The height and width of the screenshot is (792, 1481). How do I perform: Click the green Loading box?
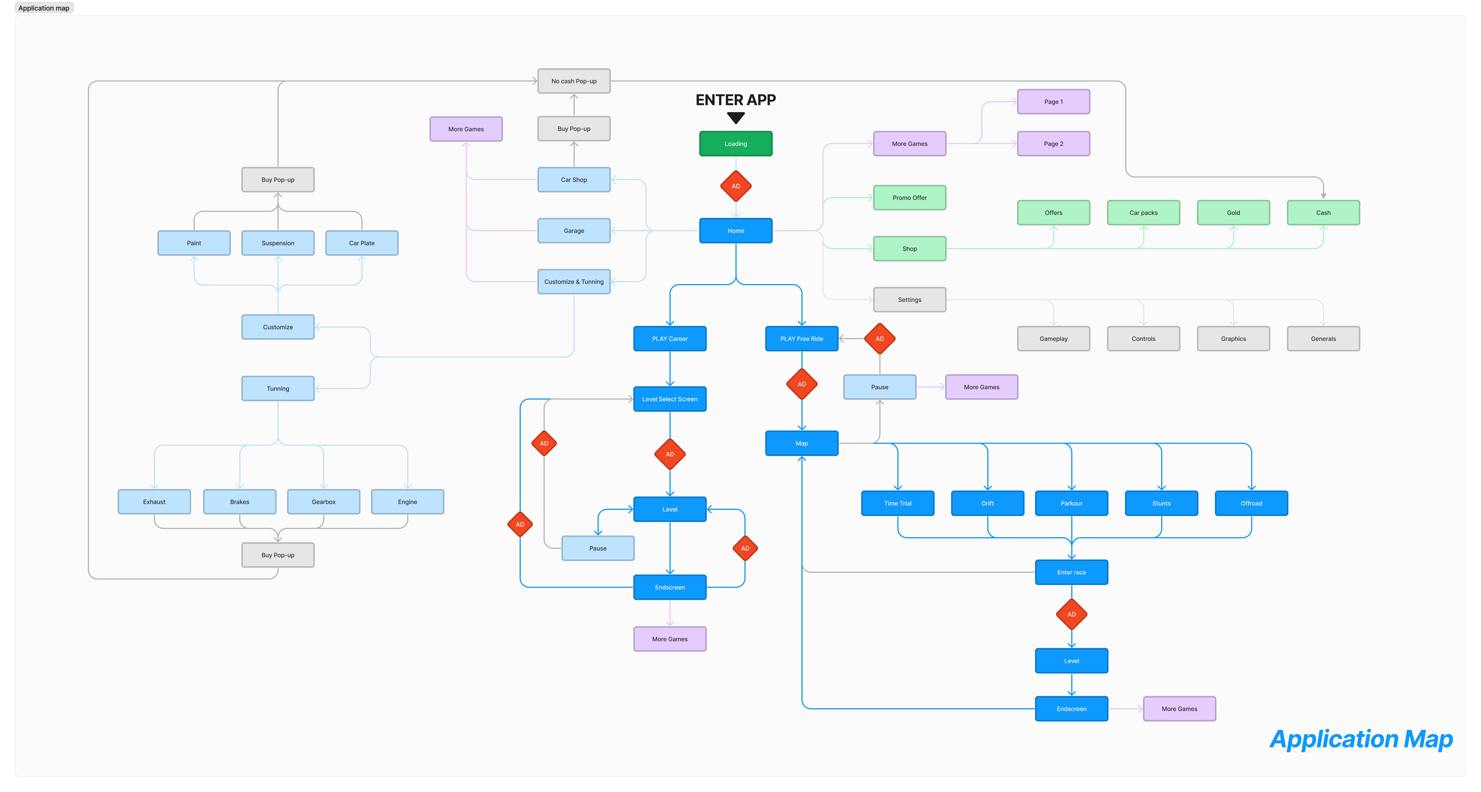[x=735, y=144]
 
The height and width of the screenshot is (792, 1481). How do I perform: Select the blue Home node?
[x=735, y=231]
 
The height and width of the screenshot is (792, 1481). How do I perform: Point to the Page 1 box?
[x=1053, y=102]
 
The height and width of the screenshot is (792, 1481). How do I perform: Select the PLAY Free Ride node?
[x=801, y=339]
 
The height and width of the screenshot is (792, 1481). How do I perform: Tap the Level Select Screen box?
[x=670, y=399]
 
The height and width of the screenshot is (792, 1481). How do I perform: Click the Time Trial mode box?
[x=898, y=503]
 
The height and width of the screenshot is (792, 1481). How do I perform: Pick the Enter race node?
[x=1071, y=572]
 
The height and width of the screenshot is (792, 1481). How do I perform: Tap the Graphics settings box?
[x=1233, y=339]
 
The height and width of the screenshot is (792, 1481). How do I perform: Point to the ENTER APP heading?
[x=735, y=100]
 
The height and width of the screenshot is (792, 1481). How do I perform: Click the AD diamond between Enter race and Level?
[x=1071, y=614]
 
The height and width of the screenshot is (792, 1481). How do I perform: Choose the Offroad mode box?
[x=1251, y=503]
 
